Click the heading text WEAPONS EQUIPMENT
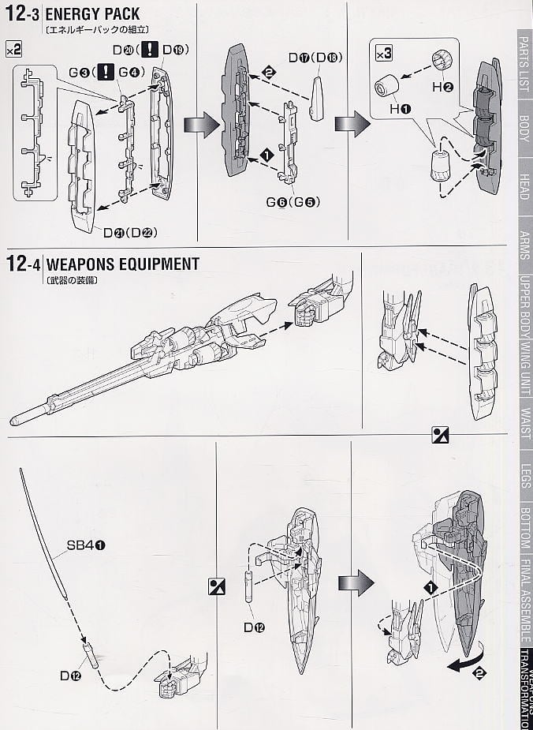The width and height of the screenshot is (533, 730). (122, 264)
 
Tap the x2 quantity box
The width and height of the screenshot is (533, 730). (13, 49)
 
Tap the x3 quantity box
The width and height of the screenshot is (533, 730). (383, 54)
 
